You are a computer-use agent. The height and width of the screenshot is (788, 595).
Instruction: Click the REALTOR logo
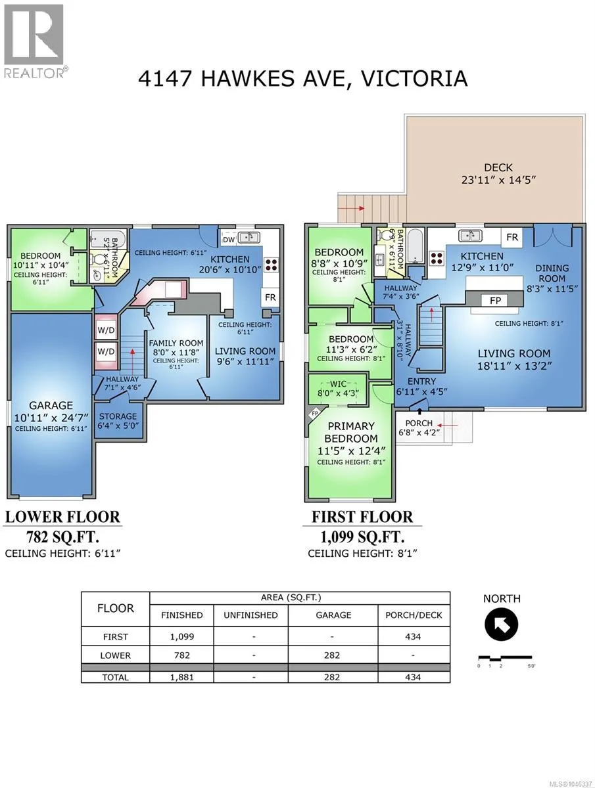pos(34,41)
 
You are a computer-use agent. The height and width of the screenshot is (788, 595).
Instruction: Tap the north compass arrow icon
pos(501,624)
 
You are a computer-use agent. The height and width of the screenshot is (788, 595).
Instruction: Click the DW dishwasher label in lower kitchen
pos(229,240)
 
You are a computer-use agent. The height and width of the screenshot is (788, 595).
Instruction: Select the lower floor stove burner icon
pos(272,264)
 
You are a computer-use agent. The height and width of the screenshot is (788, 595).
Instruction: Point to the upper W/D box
pos(106,330)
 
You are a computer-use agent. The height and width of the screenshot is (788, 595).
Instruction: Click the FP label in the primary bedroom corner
pos(315,414)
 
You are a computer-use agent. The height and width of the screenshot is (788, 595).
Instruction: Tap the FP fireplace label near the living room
pos(495,300)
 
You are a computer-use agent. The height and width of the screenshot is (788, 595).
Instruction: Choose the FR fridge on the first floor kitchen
pos(512,237)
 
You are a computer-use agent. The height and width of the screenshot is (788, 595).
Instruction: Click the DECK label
pos(498,167)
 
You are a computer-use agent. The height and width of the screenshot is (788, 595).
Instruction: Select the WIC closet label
pos(338,383)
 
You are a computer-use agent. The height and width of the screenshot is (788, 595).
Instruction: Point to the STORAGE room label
pos(118,416)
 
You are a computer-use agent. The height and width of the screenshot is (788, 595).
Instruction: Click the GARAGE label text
pos(51,405)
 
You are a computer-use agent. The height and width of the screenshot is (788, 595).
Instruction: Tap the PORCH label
pos(419,424)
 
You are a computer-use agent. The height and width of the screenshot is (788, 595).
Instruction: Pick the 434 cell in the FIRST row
pos(413,636)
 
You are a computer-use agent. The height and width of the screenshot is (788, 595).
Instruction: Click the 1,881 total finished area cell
pos(182,677)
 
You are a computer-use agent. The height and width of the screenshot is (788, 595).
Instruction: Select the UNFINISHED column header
pos(250,615)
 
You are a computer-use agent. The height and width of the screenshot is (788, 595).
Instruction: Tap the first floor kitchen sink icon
pos(470,236)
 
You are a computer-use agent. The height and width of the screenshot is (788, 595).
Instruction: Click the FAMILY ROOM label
pos(176,343)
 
